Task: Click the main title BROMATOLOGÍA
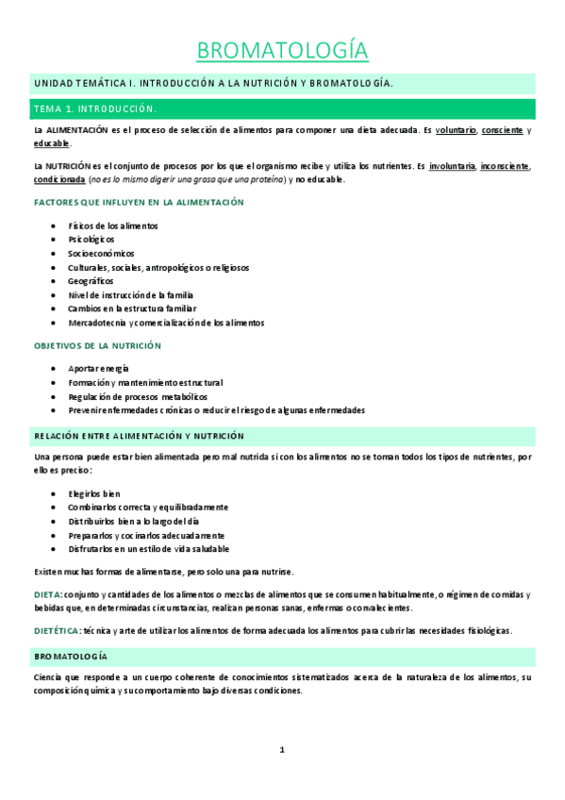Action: [282, 49]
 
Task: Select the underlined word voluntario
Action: [456, 130]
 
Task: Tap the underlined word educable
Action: [51, 143]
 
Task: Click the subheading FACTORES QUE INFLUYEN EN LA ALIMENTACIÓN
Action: [139, 202]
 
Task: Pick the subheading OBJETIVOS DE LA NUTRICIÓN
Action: [97, 345]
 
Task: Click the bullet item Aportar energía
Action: [99, 368]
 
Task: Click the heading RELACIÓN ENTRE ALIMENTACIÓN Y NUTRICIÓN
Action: [139, 436]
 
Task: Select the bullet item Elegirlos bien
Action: [94, 493]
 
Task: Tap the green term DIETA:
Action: [48, 594]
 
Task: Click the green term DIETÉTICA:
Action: [57, 630]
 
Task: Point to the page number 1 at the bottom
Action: [282, 750]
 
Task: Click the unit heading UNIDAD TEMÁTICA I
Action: [92, 83]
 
